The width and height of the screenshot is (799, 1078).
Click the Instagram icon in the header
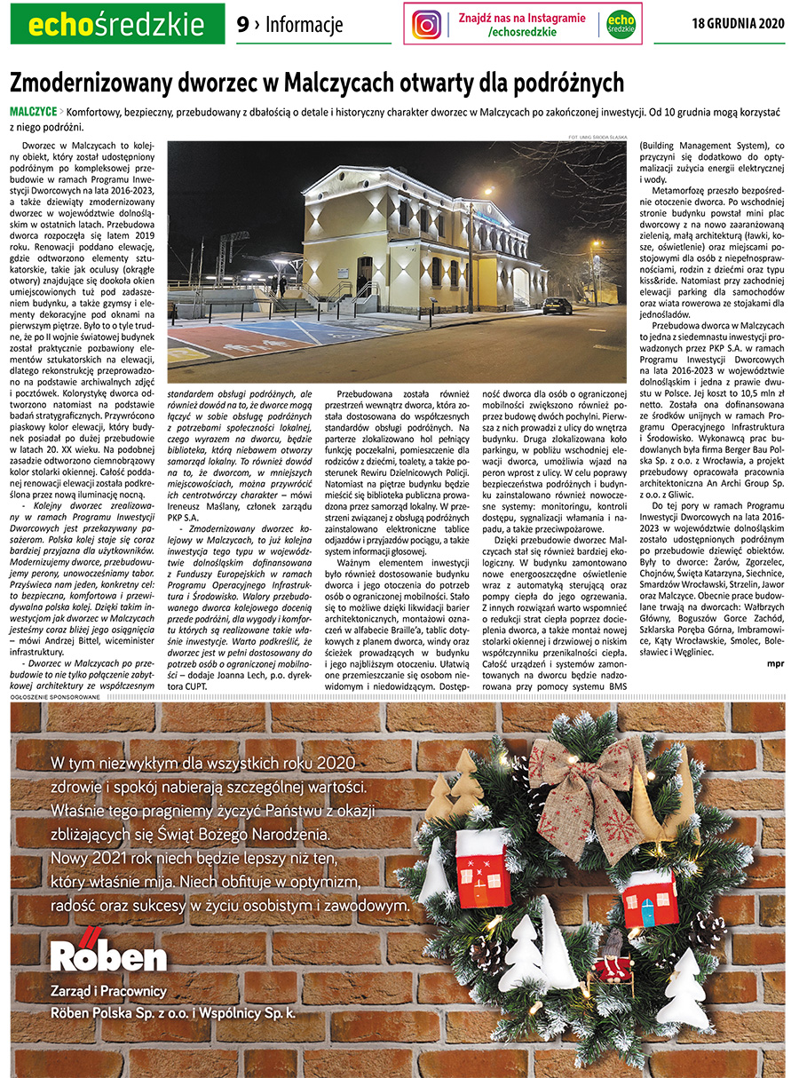click(427, 24)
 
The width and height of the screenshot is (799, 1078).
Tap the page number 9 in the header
click(242, 25)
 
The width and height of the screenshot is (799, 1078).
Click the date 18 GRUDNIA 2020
click(739, 24)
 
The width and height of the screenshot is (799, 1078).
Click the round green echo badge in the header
click(621, 24)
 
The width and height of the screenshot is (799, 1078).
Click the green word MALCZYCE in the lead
click(33, 113)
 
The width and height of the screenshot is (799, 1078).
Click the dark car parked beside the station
click(558, 305)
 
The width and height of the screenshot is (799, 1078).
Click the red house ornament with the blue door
click(651, 898)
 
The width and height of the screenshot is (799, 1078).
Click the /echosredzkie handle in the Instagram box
click(522, 32)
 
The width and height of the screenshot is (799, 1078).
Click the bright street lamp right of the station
click(487, 191)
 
